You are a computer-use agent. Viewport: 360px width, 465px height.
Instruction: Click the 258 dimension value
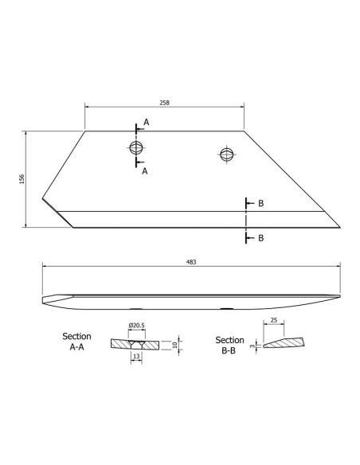164,104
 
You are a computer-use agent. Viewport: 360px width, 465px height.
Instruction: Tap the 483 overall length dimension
190,261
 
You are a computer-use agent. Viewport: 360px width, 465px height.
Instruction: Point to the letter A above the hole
146,123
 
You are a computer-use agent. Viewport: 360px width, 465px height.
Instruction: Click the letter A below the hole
143,170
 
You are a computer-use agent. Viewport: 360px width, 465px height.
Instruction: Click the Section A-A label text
77,342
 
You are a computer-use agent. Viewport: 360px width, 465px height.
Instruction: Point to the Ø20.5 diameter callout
135,326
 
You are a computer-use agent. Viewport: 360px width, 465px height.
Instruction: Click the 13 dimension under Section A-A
137,358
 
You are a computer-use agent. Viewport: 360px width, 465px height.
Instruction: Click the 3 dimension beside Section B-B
252,347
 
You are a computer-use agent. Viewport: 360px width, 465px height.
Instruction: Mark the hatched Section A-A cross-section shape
136,344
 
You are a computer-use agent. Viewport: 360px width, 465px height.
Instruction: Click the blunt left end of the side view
41,300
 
